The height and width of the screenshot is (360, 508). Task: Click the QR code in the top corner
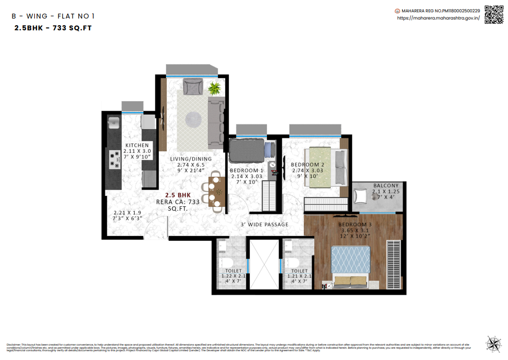[494, 14]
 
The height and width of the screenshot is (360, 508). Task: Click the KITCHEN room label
[137, 146]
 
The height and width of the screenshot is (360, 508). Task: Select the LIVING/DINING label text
[191, 159]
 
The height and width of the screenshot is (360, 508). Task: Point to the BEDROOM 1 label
[246, 170]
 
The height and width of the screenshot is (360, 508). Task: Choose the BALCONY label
[386, 186]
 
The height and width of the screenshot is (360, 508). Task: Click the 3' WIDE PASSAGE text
[264, 225]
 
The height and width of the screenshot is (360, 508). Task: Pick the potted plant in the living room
[214, 88]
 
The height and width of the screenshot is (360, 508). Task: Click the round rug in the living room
[194, 119]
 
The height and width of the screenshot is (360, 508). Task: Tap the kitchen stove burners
[113, 160]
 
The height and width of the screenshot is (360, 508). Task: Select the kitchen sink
[113, 123]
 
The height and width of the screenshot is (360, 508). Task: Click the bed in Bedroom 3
[351, 265]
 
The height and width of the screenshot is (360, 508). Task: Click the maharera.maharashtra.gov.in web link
[439, 18]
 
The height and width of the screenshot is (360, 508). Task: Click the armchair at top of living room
[193, 86]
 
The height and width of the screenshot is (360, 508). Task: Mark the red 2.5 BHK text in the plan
[178, 196]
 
